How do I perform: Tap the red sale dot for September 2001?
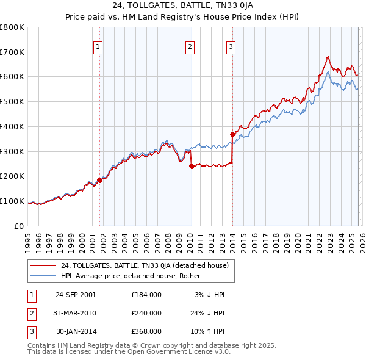pyautogui.click(x=99, y=180)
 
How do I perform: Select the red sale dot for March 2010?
pyautogui.click(x=191, y=166)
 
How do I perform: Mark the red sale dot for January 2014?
pyautogui.click(x=232, y=134)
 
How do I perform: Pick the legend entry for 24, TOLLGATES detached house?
pyautogui.click(x=145, y=265)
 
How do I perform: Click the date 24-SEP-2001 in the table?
pyautogui.click(x=76, y=295)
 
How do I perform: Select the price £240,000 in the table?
pyautogui.click(x=146, y=313)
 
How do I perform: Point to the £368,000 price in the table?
pyautogui.click(x=146, y=331)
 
